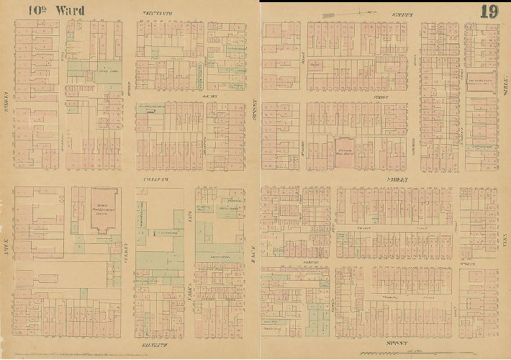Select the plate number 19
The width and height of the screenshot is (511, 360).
click(489, 11)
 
